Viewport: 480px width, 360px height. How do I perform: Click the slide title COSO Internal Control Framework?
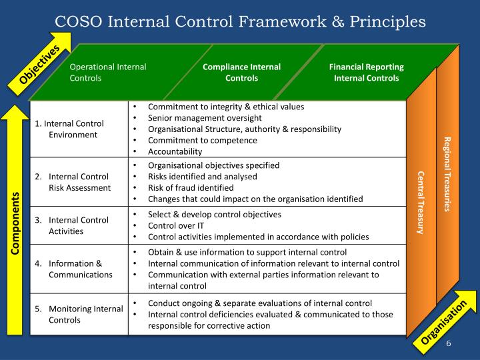click(x=240, y=21)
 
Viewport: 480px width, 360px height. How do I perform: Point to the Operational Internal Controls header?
click(x=108, y=73)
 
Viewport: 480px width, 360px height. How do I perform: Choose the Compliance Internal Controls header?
click(x=241, y=73)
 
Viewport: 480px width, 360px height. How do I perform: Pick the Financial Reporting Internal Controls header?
click(x=366, y=73)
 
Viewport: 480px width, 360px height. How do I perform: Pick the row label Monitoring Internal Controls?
click(x=79, y=314)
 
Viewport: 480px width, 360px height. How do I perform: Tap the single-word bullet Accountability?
click(x=175, y=151)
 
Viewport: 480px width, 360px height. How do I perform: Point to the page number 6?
click(x=449, y=344)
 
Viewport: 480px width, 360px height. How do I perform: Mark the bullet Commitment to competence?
click(x=202, y=140)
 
